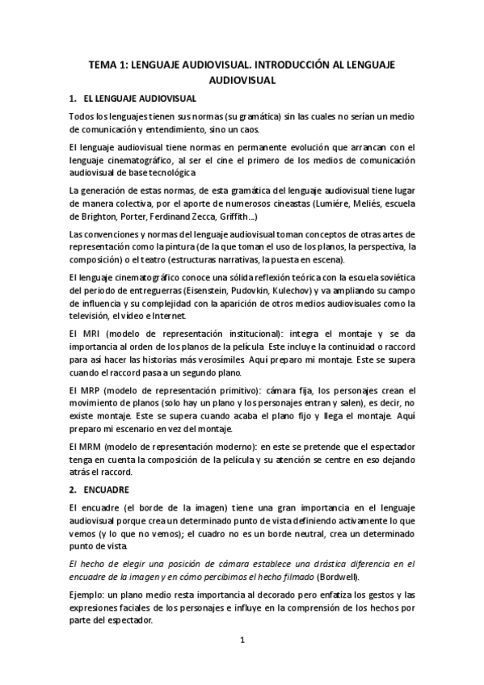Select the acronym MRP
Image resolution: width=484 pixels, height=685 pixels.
[91, 391]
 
